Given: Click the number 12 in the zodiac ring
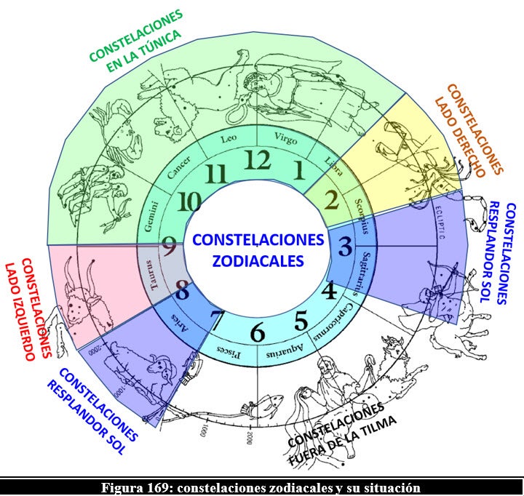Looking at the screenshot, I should tap(255, 160).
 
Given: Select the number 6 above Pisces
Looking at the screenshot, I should tap(257, 333).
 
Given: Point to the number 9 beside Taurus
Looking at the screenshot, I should tap(170, 249).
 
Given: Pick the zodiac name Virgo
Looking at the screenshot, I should tap(286, 137).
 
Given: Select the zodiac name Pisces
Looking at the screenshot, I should tap(226, 352).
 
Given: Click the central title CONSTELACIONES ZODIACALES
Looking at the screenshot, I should tap(258, 249).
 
